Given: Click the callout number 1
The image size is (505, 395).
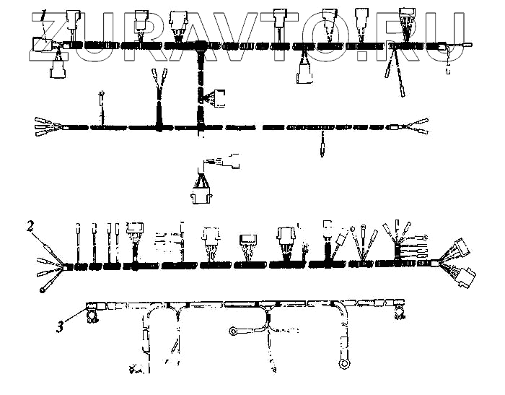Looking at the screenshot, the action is tap(44, 12).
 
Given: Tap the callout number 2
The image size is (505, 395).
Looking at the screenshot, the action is tap(30, 225).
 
